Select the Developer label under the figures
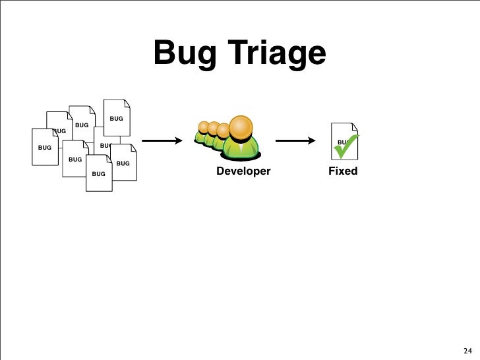(243, 171)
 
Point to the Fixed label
(343, 171)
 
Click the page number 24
(467, 350)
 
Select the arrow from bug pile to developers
(162, 140)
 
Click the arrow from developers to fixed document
(295, 140)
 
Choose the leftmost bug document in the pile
(44, 148)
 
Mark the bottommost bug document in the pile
(99, 174)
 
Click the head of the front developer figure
(241, 127)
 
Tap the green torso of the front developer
(241, 148)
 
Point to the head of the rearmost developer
(204, 127)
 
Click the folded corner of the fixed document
(355, 127)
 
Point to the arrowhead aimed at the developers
(178, 140)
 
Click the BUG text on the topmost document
(116, 119)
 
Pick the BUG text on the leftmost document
(44, 148)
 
